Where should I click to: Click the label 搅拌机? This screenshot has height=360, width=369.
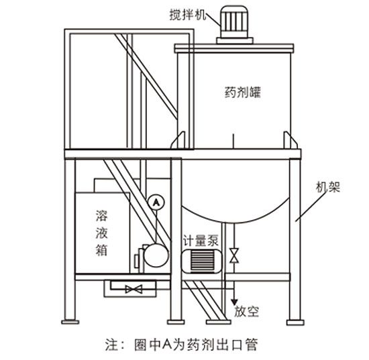coord(188,15)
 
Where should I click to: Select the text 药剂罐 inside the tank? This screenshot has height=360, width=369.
coord(243,92)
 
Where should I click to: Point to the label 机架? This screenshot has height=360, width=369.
coord(328,187)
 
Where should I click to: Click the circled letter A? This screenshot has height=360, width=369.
coord(156,202)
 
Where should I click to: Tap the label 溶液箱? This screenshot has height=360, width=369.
coord(102,233)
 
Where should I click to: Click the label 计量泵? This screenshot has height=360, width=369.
coord(201,240)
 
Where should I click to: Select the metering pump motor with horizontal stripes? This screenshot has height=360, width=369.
coord(201,261)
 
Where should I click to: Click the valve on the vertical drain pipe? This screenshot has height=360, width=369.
coord(234,255)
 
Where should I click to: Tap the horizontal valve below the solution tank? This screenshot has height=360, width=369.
coord(134,289)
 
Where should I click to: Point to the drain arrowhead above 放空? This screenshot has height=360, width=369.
coord(234,302)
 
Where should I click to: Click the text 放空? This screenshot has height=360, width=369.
coord(246,311)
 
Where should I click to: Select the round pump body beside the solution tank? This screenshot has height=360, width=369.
coord(156,255)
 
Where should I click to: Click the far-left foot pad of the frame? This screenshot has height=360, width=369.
coord(70,322)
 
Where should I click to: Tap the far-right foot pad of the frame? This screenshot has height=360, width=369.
coord(295,322)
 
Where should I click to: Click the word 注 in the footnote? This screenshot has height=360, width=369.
coord(111,345)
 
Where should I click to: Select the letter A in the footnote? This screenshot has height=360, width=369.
coord(167,345)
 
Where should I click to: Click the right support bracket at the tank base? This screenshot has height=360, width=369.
coord(291,140)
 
